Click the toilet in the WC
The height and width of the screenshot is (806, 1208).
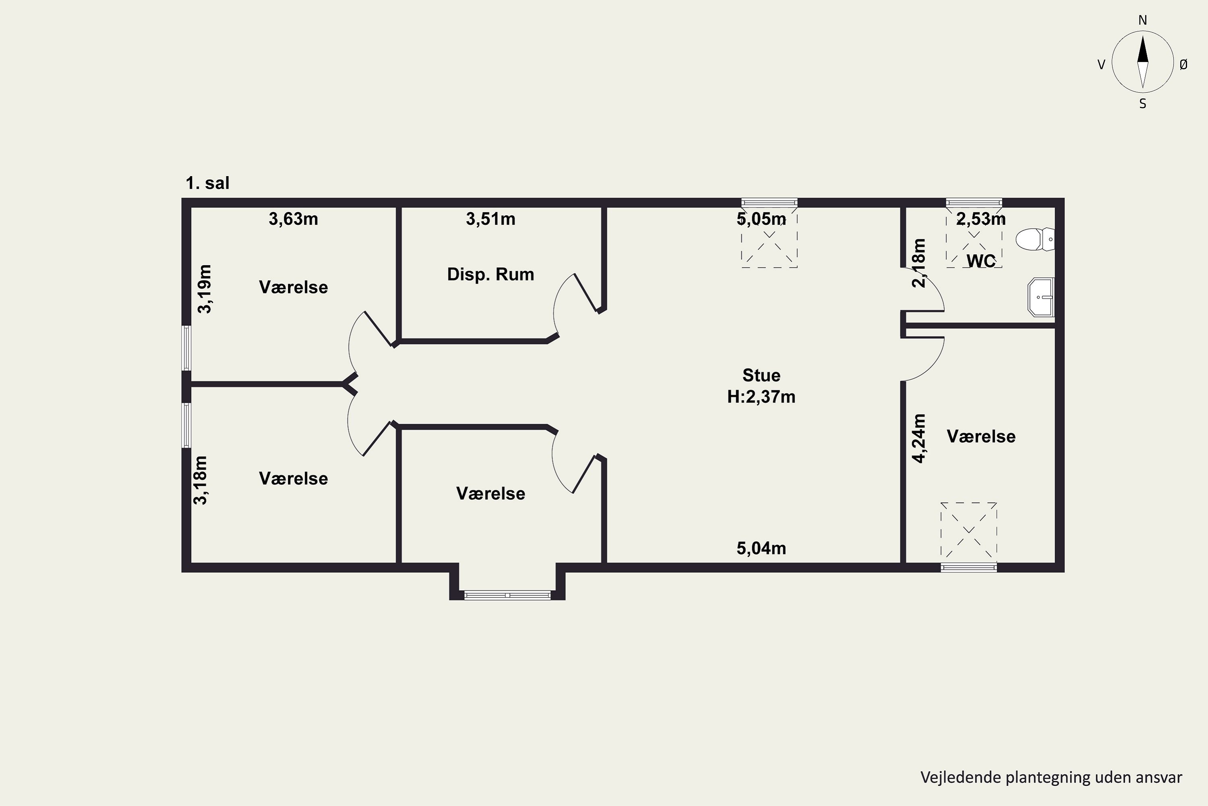1035,239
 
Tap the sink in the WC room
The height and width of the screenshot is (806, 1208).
1040,297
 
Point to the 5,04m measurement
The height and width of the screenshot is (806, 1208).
761,548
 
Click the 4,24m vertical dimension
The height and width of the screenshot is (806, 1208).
919,438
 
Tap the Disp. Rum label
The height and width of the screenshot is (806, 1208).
490,274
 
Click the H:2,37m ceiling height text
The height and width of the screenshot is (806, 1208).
761,397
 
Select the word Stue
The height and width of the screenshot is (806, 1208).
761,375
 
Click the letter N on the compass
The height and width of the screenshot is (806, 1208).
1143,20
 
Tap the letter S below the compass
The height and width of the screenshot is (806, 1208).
1143,104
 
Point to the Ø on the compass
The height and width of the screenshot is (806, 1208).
1183,64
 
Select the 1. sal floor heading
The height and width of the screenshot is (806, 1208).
207,183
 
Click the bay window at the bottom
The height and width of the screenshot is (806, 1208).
507,595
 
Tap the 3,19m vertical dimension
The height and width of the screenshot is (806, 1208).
205,289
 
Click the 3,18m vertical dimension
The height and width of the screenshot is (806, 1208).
200,480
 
